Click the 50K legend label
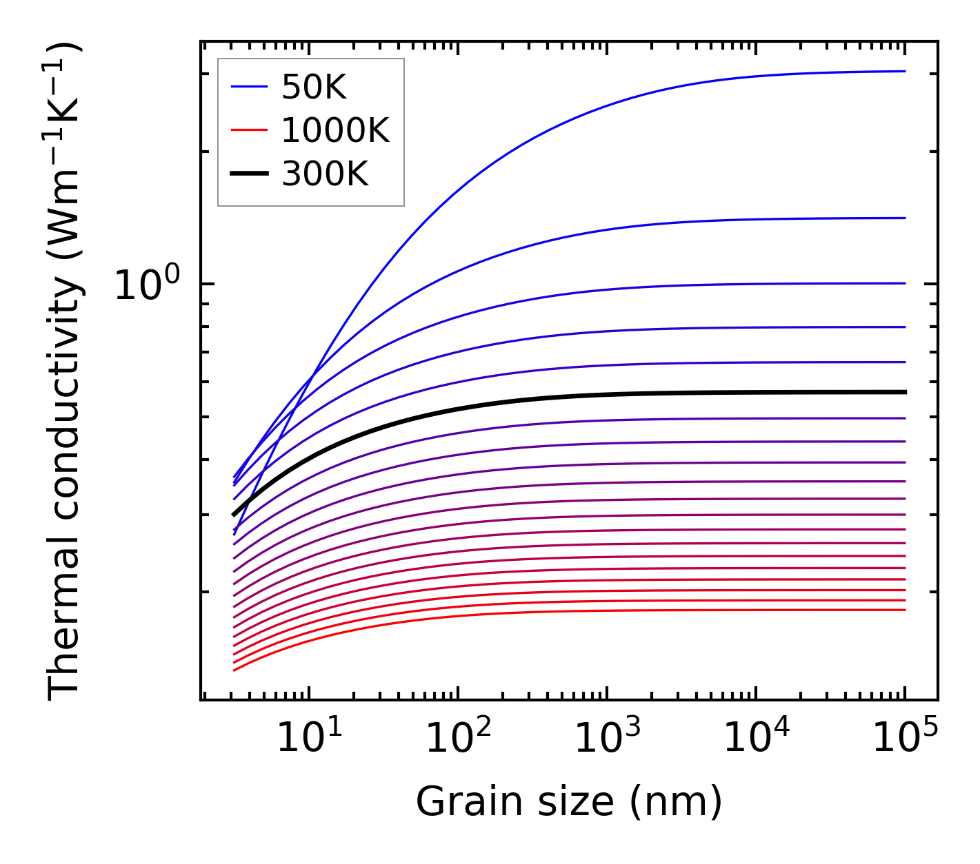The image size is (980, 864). tap(314, 87)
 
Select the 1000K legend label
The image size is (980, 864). tap(335, 130)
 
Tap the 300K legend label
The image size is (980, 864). tap(325, 174)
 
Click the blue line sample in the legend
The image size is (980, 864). tap(249, 87)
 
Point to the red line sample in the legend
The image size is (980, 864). tap(249, 130)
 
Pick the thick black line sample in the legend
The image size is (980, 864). tap(249, 174)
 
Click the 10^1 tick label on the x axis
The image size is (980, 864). tap(308, 739)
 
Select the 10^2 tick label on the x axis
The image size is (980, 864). tap(458, 739)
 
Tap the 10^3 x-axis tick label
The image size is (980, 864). tap(607, 739)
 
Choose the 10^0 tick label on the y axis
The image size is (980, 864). tap(146, 284)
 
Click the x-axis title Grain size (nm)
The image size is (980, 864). tap(569, 801)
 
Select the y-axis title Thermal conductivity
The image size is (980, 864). tap(66, 372)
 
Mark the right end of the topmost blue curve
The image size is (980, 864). tap(904, 71)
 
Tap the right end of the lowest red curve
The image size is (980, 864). tap(904, 610)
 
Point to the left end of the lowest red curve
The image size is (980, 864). tap(234, 670)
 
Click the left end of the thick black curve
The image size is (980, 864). tap(234, 515)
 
